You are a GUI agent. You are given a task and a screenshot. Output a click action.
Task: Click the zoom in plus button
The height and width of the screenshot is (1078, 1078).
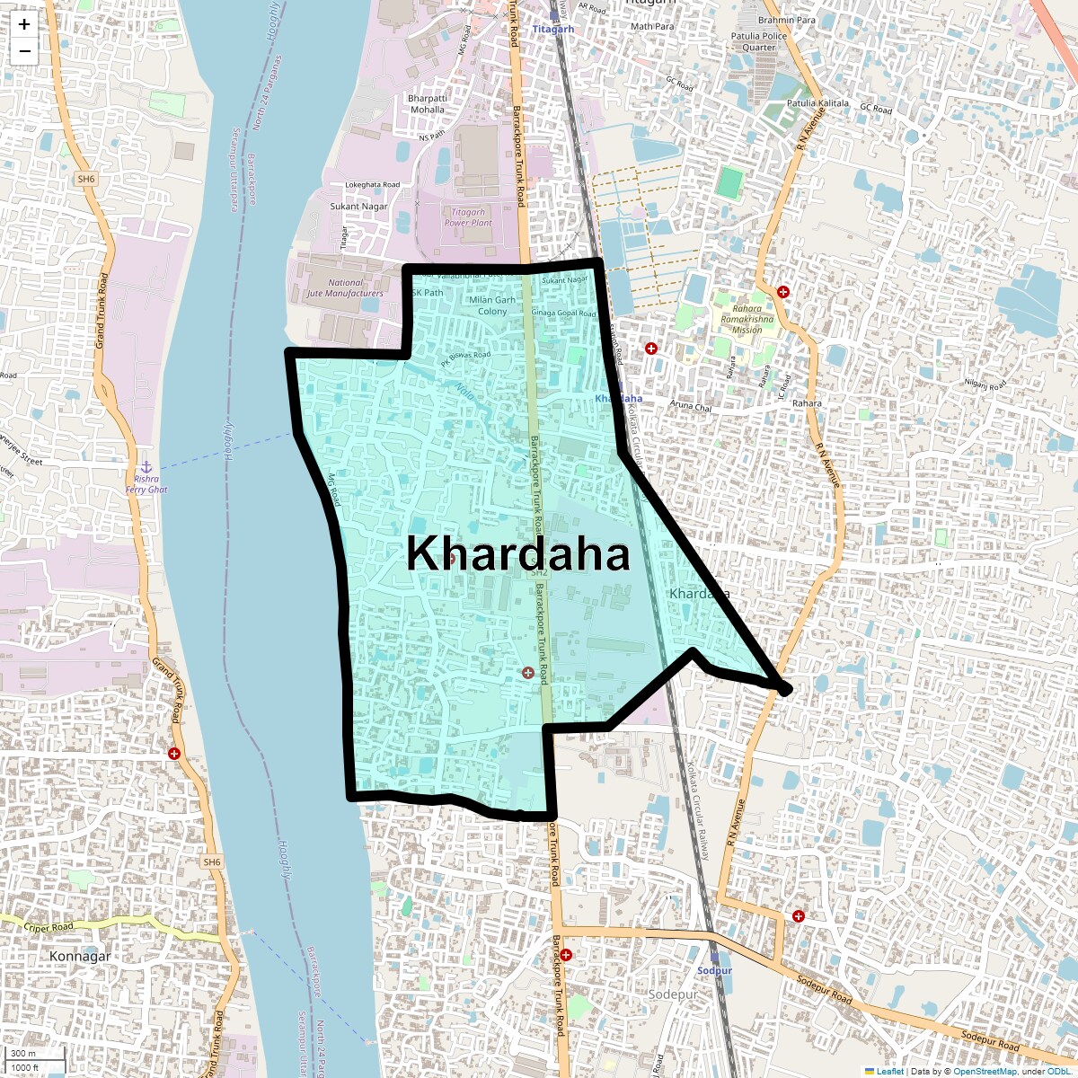[x=24, y=25]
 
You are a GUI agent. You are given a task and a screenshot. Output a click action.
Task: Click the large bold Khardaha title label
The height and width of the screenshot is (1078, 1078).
[x=517, y=553]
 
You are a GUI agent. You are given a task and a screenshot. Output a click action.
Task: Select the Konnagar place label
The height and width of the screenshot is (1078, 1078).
[x=80, y=956]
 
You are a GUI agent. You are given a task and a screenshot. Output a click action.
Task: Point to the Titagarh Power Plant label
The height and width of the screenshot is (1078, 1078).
[x=468, y=217]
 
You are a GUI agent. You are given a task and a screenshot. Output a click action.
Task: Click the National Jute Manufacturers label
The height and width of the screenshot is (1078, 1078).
[x=345, y=287]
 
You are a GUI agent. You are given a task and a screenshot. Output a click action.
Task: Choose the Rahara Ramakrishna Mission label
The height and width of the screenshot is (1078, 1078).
[x=747, y=319]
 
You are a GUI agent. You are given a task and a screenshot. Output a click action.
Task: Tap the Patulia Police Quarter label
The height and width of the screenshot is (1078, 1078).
[x=759, y=41]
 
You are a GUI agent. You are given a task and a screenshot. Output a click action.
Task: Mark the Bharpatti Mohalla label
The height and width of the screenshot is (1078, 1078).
[x=428, y=104]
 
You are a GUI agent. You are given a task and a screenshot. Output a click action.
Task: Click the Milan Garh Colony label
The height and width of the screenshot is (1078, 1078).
[x=492, y=305]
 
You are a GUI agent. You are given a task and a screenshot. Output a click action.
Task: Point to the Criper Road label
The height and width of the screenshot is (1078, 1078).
[x=49, y=927]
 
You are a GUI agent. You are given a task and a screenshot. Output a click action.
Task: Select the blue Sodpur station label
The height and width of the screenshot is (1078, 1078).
[x=715, y=971]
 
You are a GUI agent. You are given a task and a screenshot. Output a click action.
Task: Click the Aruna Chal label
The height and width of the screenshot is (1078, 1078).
[x=690, y=405]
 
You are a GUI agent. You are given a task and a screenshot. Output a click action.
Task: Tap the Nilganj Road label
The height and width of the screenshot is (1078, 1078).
[x=985, y=385]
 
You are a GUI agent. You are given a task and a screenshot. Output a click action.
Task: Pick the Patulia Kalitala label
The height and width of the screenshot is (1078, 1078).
[x=817, y=103]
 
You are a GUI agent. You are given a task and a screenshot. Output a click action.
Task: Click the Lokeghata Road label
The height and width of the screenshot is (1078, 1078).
[x=373, y=185]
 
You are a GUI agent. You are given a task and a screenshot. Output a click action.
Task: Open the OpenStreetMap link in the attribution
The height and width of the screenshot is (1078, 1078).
[x=985, y=1071]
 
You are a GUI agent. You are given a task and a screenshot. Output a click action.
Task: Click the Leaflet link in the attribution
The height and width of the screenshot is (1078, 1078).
[x=890, y=1071]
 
